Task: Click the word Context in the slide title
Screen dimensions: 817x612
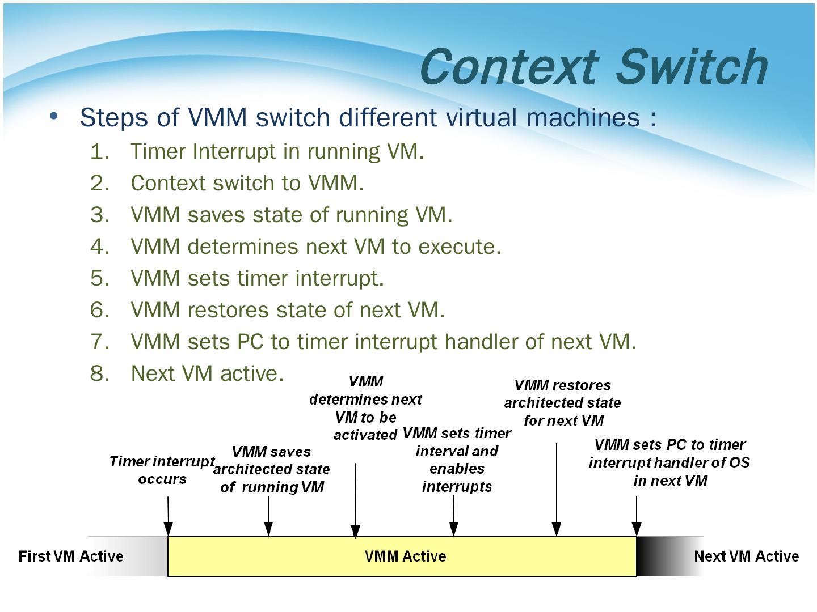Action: pyautogui.click(x=509, y=67)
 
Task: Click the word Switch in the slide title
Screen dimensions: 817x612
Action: pyautogui.click(x=692, y=67)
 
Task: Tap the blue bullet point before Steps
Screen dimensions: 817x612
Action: pyautogui.click(x=54, y=116)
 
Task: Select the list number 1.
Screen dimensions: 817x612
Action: pyautogui.click(x=99, y=152)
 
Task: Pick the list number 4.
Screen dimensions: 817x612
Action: pyautogui.click(x=99, y=246)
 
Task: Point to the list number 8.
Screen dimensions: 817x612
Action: pyautogui.click(x=99, y=373)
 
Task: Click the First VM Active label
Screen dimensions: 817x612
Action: pyautogui.click(x=71, y=556)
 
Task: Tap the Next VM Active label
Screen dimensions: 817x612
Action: pyautogui.click(x=746, y=556)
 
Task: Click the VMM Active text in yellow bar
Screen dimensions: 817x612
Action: pyautogui.click(x=405, y=556)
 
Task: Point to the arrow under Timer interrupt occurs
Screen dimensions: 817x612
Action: pyautogui.click(x=169, y=516)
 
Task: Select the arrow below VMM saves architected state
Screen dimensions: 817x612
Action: pyautogui.click(x=269, y=516)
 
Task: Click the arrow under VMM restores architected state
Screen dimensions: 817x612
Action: pyautogui.click(x=557, y=490)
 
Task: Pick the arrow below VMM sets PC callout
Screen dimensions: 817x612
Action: pyautogui.click(x=637, y=516)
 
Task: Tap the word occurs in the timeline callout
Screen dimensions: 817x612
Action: pyautogui.click(x=162, y=479)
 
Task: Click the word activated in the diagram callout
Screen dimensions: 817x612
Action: pyautogui.click(x=365, y=435)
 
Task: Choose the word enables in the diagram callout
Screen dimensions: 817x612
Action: pyautogui.click(x=457, y=469)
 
